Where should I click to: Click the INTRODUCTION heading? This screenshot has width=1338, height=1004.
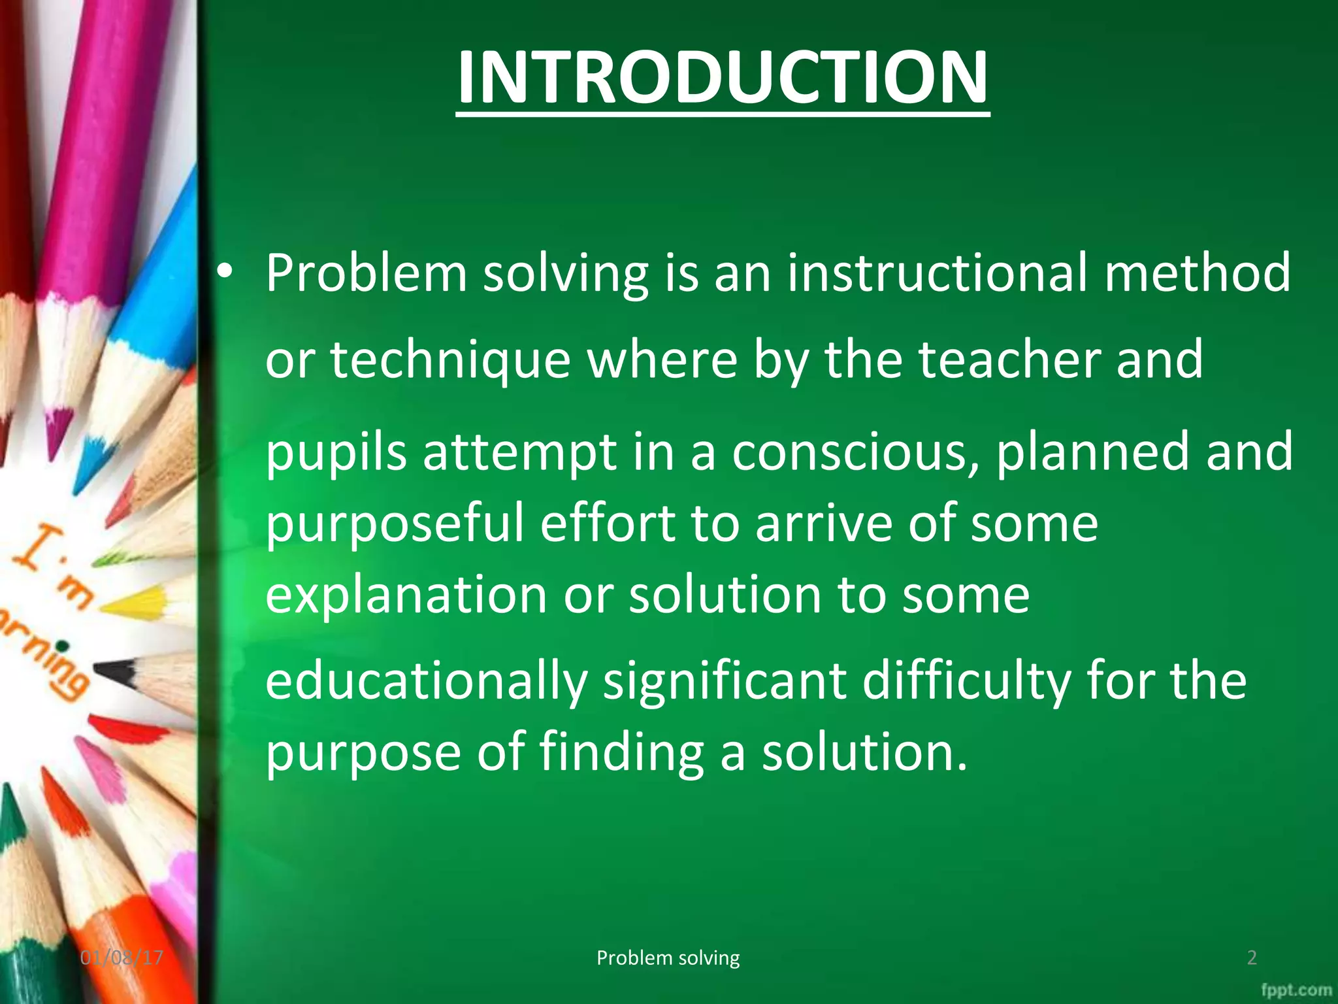(x=723, y=78)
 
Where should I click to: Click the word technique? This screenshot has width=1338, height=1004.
(x=450, y=361)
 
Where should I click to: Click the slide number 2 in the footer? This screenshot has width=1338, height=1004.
(x=1252, y=958)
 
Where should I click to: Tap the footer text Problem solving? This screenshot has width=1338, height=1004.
(x=668, y=958)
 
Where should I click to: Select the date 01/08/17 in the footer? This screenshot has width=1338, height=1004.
(x=122, y=958)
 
